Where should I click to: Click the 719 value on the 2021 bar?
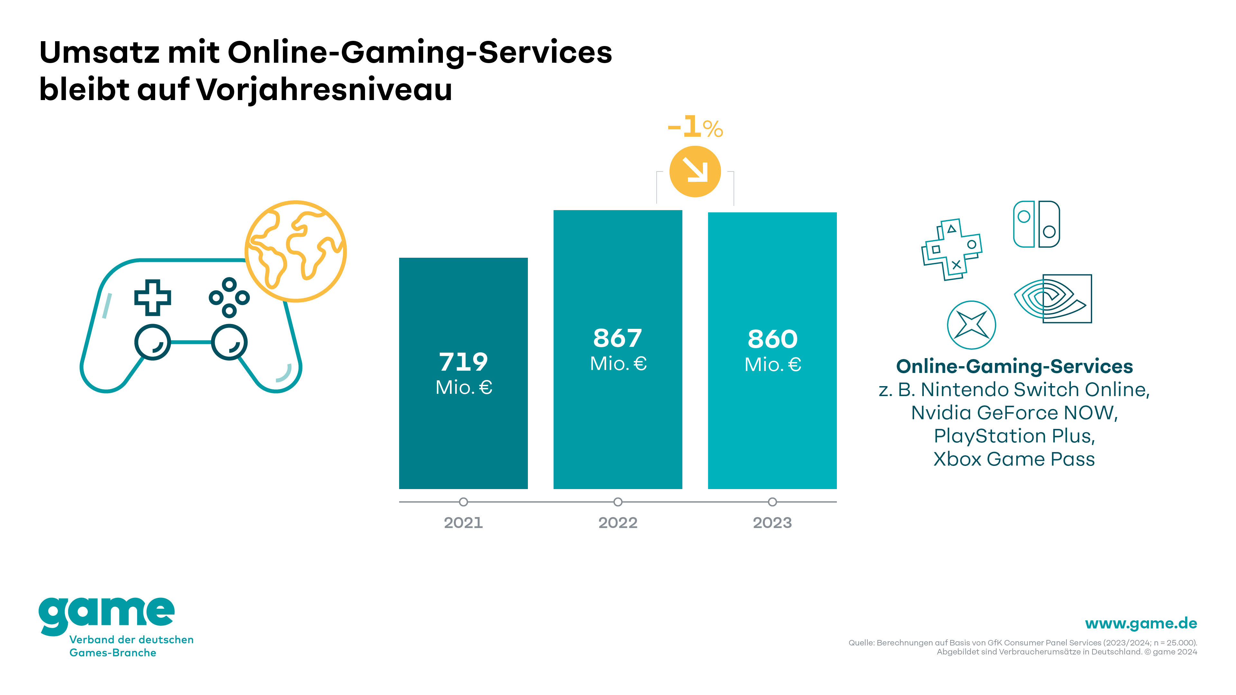(463, 362)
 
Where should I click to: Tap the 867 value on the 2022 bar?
(618, 338)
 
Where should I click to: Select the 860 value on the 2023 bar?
(772, 339)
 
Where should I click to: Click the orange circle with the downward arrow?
(695, 171)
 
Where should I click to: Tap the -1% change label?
(695, 128)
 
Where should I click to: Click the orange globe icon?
(295, 251)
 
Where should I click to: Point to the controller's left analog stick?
(152, 342)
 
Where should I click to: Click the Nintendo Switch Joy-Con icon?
(1036, 224)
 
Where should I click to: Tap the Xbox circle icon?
(971, 325)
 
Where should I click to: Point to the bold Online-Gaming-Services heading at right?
(1014, 366)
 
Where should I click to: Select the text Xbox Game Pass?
(1014, 459)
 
